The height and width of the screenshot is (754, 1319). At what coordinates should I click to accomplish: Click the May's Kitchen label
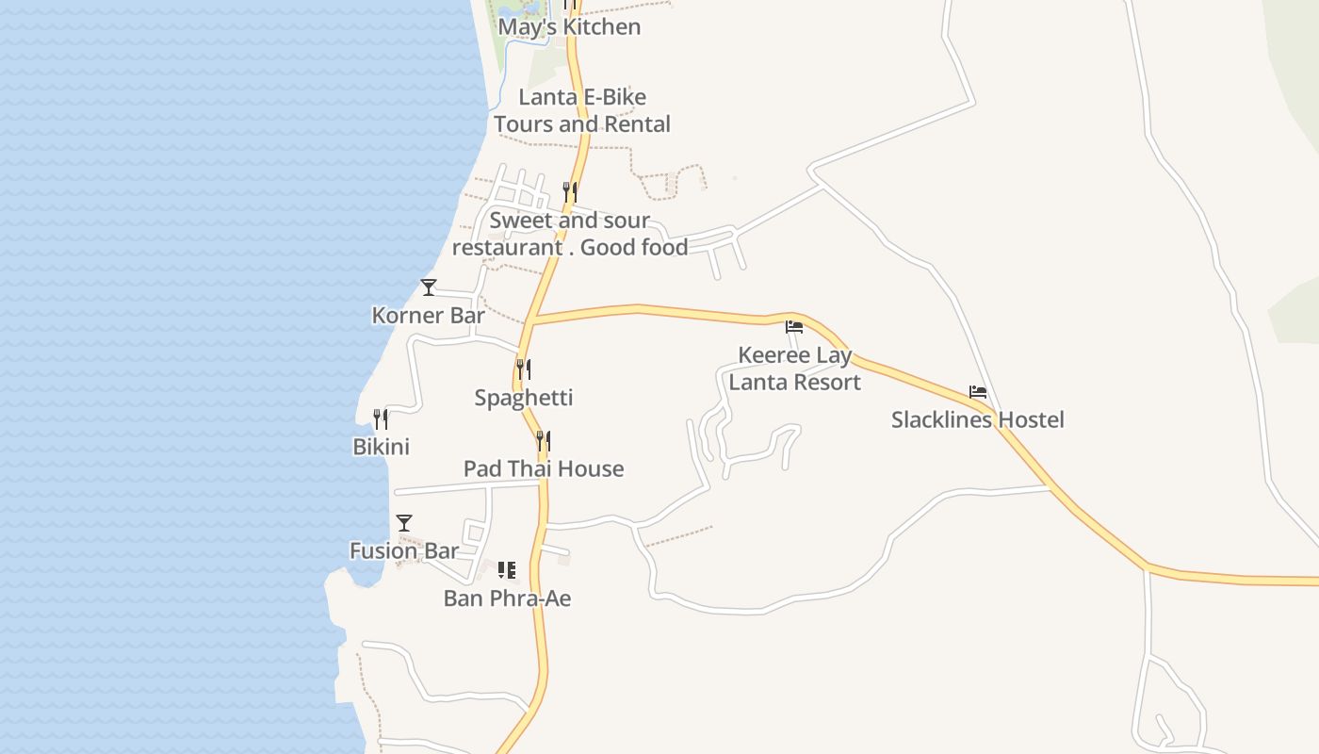569,27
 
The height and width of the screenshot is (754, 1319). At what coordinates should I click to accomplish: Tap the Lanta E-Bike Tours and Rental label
582,110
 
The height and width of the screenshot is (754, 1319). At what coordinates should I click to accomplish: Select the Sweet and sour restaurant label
570,234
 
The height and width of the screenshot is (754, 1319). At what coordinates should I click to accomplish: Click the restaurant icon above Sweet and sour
569,192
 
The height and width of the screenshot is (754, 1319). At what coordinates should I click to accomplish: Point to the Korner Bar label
428,315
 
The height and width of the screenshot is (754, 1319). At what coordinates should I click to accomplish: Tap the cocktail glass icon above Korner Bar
429,287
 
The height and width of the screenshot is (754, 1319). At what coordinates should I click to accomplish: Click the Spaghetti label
523,398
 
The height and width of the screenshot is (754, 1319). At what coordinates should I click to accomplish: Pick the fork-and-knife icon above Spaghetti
523,369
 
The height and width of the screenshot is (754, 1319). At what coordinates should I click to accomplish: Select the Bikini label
381,447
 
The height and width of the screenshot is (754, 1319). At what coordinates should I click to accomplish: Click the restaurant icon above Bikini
381,418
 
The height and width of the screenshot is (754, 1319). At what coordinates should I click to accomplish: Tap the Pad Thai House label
544,468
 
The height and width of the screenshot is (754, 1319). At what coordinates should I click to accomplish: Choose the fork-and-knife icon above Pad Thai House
543,440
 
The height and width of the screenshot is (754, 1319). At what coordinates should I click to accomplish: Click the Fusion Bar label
404,550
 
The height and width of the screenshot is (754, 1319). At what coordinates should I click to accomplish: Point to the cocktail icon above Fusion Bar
404,523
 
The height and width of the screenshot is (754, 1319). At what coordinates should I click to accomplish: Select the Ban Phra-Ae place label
507,598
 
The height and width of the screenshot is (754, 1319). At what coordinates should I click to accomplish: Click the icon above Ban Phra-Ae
507,570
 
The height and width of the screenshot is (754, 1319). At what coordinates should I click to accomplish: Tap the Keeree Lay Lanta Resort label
795,369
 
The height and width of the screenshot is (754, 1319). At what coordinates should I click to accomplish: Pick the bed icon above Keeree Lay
794,328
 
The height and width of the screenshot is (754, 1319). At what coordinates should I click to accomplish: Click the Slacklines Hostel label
978,419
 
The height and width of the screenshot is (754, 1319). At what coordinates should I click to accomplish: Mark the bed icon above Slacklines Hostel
978,392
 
